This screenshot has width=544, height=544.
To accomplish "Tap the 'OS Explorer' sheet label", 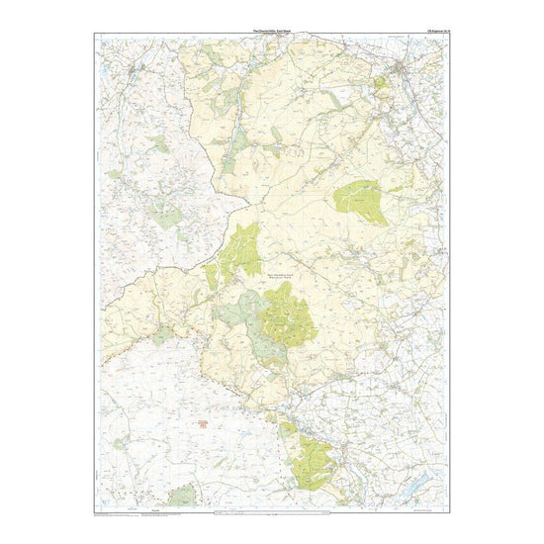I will (x=434, y=31).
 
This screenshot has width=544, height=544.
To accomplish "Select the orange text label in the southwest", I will (x=206, y=424).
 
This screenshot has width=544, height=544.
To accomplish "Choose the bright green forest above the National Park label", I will (x=241, y=247).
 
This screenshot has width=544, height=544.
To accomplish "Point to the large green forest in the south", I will (x=315, y=460).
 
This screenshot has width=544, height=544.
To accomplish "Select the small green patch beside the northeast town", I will (x=380, y=85).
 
